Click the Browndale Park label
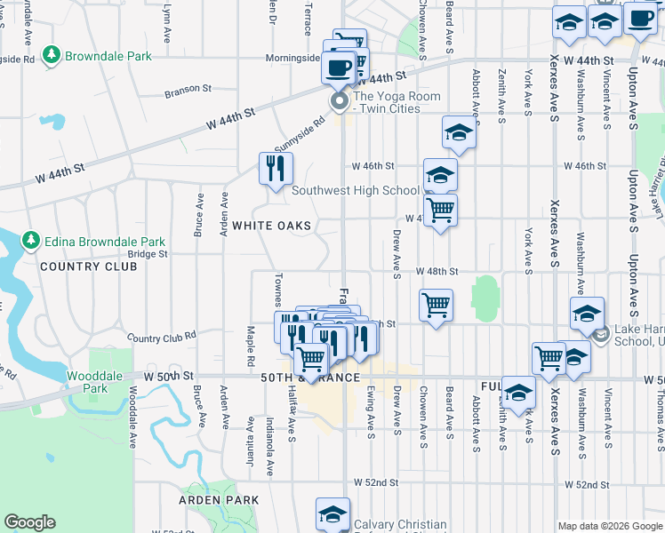pos(107,56)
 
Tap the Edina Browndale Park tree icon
pos(30,241)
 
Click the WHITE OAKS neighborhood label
pos(272,226)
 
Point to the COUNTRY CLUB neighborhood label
pos(79,266)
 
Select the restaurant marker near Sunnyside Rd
pos(276,166)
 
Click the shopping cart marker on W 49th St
pos(436,306)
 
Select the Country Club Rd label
pos(161,338)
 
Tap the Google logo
pos(29,522)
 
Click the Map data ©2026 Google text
pos(609,526)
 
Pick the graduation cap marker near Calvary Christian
pos(332,513)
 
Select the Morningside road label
pos(292,59)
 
